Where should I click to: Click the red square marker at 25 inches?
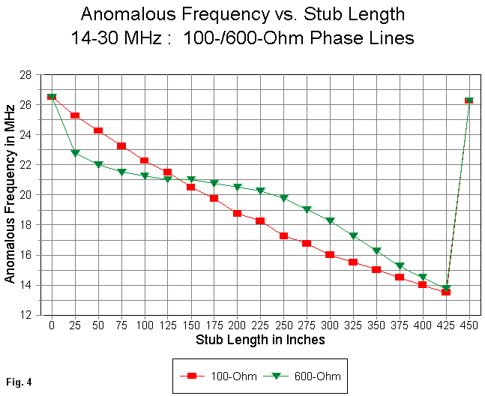pos(75,115)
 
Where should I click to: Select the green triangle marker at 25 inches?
pos(75,153)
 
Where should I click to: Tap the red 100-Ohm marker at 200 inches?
pos(237,213)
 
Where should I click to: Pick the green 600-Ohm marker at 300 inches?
pos(330,220)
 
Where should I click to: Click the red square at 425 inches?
pos(446,292)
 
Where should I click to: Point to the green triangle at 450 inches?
pos(469,100)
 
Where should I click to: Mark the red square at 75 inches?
pos(121,146)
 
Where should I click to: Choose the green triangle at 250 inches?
pos(283,198)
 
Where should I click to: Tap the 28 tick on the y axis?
pos(29,75)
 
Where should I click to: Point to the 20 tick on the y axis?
pos(29,195)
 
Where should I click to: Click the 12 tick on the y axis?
pos(29,315)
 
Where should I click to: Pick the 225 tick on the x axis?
pos(260,326)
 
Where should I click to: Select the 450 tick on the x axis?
pos(469,326)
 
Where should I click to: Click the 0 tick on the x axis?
pos(52,326)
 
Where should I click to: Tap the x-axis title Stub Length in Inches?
pos(260,340)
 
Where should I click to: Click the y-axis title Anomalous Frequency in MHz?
pos(10,194)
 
